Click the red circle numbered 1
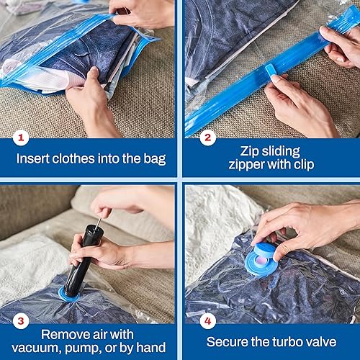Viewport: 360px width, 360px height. (x=22, y=136)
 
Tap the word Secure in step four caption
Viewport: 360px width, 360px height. (x=229, y=342)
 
